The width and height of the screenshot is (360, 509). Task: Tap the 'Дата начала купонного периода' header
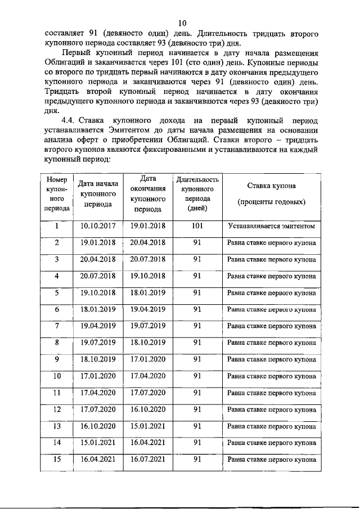98,194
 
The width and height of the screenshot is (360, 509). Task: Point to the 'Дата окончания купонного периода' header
148,193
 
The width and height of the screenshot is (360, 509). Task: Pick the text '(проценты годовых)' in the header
271,201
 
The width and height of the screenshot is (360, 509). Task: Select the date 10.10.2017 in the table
98,226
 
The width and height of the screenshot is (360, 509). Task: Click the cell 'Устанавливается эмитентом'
271,227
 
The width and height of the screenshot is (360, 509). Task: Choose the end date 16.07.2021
148,459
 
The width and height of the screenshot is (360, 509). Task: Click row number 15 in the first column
57,459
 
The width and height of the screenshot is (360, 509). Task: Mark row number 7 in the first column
57,326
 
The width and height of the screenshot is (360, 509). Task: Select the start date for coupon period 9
98,359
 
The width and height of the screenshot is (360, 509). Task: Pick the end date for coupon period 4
148,276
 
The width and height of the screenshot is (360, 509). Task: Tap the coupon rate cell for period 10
271,376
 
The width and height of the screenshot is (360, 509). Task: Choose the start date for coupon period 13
98,426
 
